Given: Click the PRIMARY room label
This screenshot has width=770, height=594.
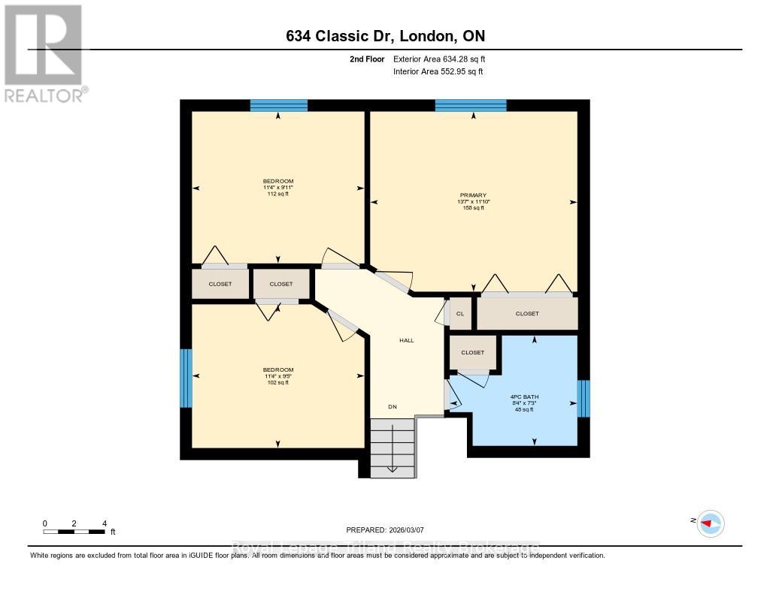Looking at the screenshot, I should [x=472, y=194].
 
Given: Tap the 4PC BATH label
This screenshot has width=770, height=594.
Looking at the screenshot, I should [x=526, y=396].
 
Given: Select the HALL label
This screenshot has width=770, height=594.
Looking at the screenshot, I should [x=406, y=340].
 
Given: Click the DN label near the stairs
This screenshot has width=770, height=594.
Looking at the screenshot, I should [x=392, y=407].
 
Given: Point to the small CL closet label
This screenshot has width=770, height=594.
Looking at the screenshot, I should [x=460, y=314].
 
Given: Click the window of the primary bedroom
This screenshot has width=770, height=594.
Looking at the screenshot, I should [x=470, y=106].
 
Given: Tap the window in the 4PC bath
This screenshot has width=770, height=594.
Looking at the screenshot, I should [x=584, y=398].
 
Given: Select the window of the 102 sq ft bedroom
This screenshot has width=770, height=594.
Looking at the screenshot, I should [x=186, y=378].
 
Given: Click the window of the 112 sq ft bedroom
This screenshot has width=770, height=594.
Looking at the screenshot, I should [x=278, y=106].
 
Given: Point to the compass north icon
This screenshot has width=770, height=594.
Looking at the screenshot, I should [x=710, y=523].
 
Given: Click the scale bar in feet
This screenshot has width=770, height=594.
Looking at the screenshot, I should [x=74, y=532].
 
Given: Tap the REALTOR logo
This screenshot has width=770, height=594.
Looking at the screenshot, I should [x=44, y=53].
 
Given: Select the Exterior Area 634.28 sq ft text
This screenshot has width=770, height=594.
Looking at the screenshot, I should [x=444, y=59].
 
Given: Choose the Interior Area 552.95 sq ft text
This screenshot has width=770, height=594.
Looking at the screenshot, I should [x=438, y=71].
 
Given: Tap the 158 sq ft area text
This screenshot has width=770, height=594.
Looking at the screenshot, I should [x=472, y=208].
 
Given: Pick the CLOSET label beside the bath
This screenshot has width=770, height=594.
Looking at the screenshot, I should [x=473, y=352].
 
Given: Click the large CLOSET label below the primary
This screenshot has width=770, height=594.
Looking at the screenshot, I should [x=527, y=314].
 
